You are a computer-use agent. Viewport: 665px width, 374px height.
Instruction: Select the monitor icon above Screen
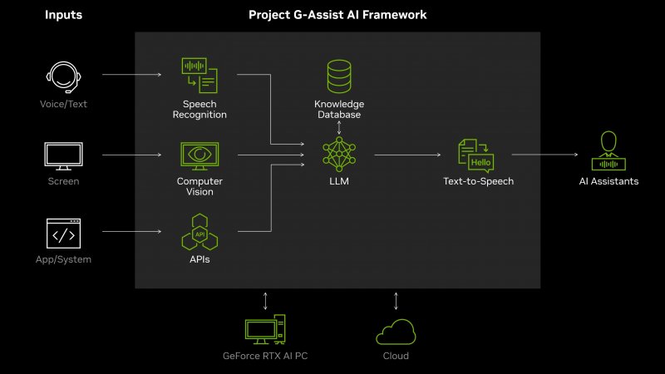tap(63, 155)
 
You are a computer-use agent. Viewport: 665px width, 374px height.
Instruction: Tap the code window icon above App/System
tap(63, 234)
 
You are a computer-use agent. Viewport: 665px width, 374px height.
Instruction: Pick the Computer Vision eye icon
tap(199, 155)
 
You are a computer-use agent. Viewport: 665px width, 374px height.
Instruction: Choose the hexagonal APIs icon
tap(199, 234)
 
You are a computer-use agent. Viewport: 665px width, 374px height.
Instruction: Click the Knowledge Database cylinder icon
tap(338, 77)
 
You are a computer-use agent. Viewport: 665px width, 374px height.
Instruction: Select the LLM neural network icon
tap(338, 155)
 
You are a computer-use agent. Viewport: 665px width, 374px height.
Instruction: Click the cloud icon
tap(396, 332)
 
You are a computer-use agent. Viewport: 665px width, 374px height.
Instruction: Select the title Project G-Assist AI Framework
tap(337, 15)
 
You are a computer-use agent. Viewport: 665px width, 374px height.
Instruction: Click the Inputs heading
tap(63, 15)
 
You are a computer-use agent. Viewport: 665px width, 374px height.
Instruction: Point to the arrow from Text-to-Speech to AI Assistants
tap(544, 155)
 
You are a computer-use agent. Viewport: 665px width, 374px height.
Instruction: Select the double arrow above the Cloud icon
tap(396, 301)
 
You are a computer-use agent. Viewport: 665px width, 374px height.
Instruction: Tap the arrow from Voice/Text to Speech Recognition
tap(131, 75)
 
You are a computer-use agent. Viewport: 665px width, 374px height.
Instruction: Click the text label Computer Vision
tap(199, 186)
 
